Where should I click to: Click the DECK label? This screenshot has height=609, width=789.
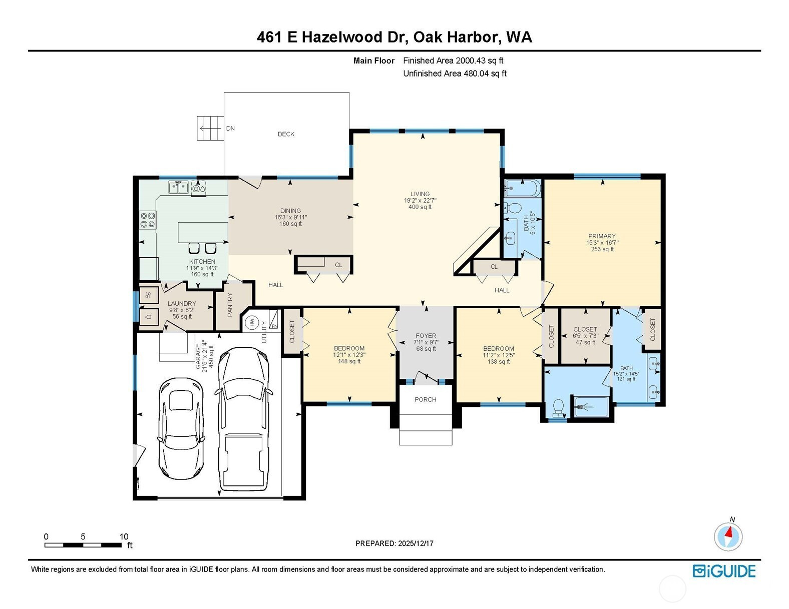[x=286, y=134]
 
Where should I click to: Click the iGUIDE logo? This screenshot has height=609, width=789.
[x=724, y=571]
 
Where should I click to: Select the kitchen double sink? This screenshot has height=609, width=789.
[x=178, y=187]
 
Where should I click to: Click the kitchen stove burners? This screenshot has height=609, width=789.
[x=148, y=220]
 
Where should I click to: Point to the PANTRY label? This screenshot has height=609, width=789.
[x=230, y=305]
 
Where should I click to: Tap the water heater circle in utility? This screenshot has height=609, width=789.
[x=252, y=322]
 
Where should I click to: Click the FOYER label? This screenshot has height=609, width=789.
[x=426, y=336]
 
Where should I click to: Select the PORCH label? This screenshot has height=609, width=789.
[x=426, y=399]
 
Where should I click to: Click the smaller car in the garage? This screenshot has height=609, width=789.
[x=181, y=428]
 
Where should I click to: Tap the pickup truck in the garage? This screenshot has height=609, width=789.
[x=244, y=419]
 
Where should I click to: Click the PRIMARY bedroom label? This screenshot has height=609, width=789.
[x=602, y=236]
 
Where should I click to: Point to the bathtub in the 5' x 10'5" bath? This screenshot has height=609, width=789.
[x=523, y=188]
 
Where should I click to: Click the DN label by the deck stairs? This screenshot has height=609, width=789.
[x=230, y=128]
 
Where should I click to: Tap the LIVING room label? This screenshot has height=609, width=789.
[x=420, y=194]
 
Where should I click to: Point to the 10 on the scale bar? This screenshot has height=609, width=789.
[x=124, y=536]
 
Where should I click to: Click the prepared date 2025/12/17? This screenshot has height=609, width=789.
[x=416, y=543]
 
